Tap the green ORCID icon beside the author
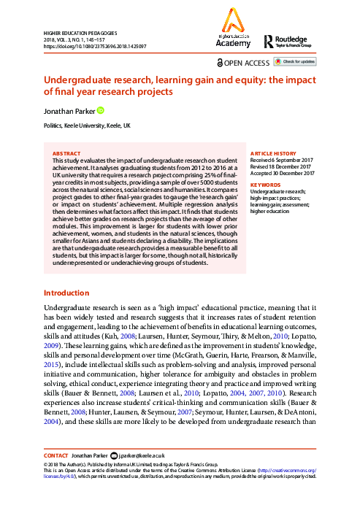(x=101, y=110)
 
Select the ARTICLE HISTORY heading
(x=275, y=154)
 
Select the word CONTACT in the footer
(x=56, y=455)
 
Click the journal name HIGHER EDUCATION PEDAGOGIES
(x=80, y=34)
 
